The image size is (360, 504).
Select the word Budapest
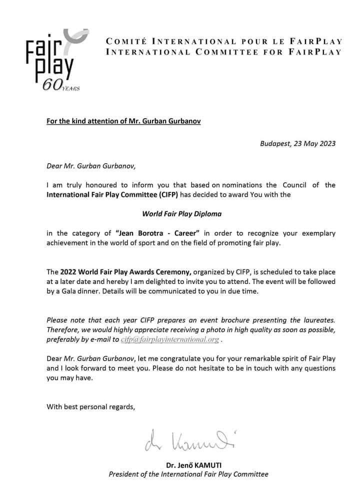tap(275, 143)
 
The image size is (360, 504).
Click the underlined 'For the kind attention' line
tap(124, 121)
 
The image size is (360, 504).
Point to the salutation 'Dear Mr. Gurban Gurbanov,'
tap(89, 166)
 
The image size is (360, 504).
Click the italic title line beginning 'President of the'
tap(188, 474)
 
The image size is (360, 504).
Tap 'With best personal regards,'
tap(90, 406)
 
